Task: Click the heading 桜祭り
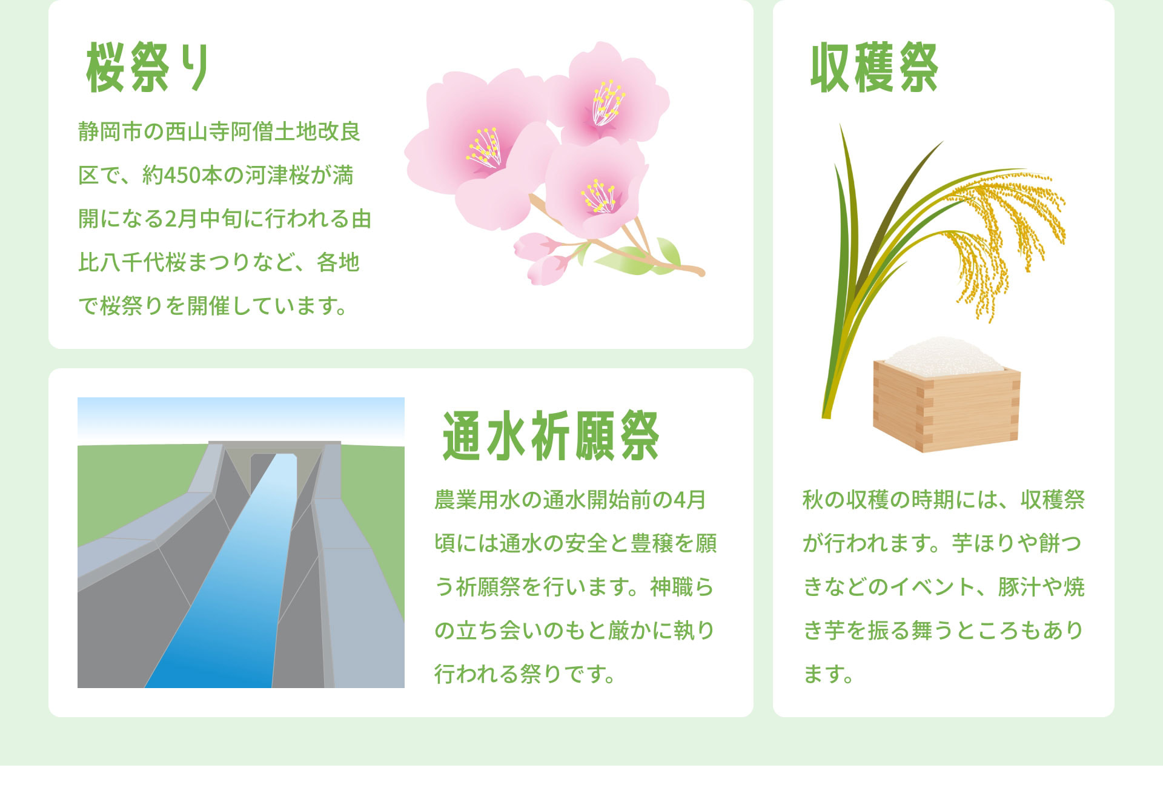(x=148, y=67)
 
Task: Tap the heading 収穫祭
(x=874, y=67)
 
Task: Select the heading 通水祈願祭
(x=550, y=436)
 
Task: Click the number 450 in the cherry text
(x=182, y=176)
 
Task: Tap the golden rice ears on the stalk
(x=999, y=230)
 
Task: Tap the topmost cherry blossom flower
(x=606, y=97)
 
